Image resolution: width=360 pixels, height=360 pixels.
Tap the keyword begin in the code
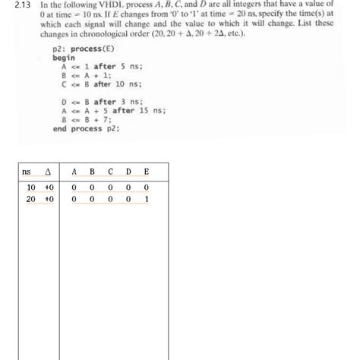click(64, 58)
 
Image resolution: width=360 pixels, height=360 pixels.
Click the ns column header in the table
click(27, 172)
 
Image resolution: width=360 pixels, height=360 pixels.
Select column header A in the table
click(74, 172)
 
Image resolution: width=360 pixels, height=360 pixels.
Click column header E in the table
click(146, 172)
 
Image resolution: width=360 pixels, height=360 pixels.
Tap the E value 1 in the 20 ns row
click(146, 199)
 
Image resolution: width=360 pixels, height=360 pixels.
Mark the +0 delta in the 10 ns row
click(49, 186)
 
